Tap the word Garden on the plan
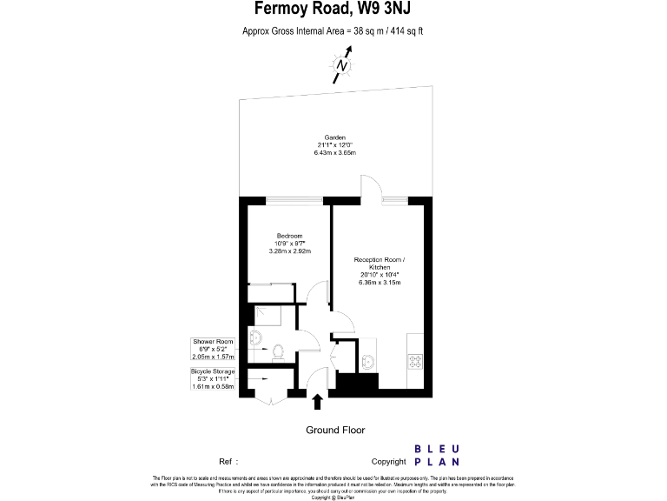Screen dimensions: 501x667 (335, 137)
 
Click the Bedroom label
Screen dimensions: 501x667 (289, 237)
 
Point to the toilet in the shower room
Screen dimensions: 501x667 (278, 351)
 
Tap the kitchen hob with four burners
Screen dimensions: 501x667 (414, 360)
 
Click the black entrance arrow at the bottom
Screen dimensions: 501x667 (317, 401)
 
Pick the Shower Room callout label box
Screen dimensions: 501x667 (214, 349)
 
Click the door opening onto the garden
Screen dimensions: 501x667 (371, 186)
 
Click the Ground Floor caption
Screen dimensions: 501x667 (335, 430)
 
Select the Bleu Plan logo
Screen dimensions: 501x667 (437, 456)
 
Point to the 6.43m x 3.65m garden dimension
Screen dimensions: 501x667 (335, 153)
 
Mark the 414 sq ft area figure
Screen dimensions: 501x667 (406, 31)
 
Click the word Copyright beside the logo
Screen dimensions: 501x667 (388, 461)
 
